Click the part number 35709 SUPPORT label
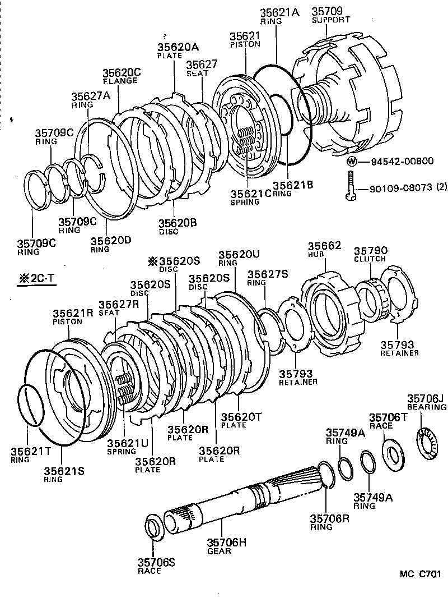pos(330,15)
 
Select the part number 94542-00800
pos(402,162)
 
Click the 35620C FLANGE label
pos(120,76)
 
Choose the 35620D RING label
pos(111,244)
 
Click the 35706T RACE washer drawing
pos(393,451)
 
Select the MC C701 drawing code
pos(420,574)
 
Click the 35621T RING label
pos(27,454)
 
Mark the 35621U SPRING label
pos(122,447)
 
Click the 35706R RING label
pos(330,522)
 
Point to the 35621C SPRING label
pos(250,197)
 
